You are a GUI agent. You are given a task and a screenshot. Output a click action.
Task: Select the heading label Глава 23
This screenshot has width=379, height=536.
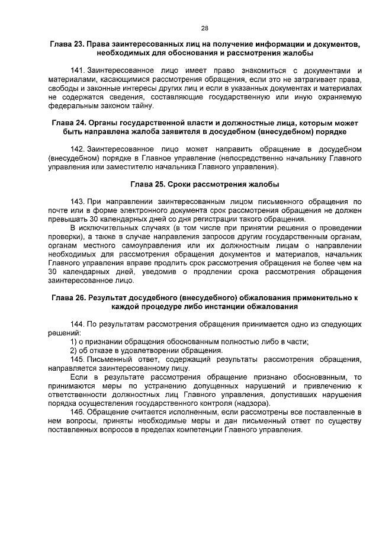click(x=66, y=44)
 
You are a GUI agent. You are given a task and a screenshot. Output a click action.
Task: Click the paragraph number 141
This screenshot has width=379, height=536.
click(x=78, y=69)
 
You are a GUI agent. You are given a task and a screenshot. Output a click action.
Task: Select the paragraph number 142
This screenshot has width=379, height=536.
click(x=78, y=147)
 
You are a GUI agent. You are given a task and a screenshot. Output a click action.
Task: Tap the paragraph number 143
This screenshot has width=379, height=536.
click(x=78, y=201)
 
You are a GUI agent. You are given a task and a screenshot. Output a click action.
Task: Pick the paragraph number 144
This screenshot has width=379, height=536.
click(x=78, y=325)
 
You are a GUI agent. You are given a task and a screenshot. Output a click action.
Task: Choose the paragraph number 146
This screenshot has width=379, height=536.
click(x=78, y=411)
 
